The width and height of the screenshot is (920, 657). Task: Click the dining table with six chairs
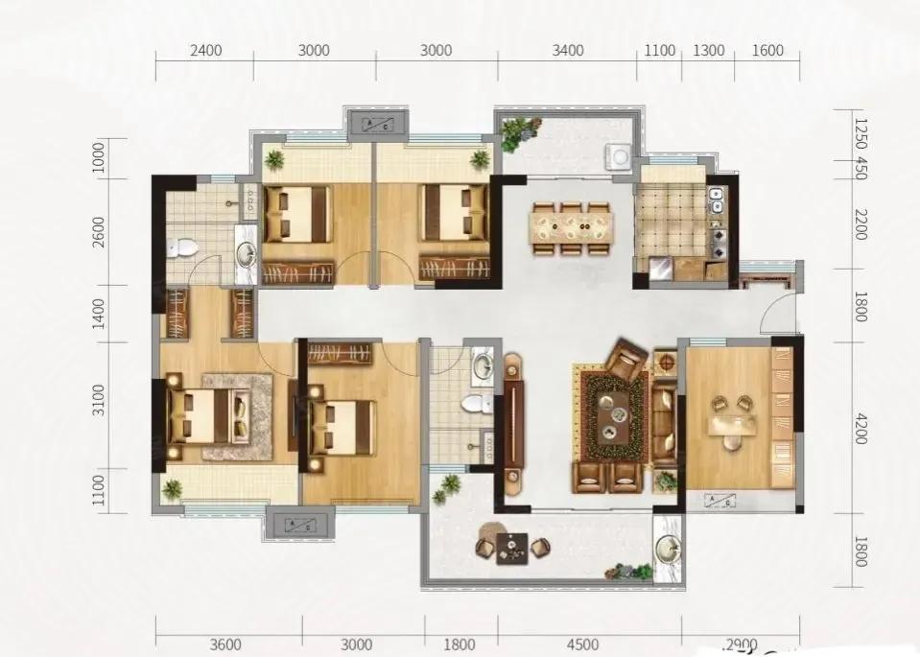click(x=572, y=227)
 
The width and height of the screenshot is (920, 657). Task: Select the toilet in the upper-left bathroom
click(x=181, y=247)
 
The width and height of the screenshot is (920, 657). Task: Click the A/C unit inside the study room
click(x=719, y=499)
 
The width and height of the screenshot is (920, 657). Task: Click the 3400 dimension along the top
click(x=567, y=51)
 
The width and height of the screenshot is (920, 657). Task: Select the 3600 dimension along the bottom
click(x=226, y=645)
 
